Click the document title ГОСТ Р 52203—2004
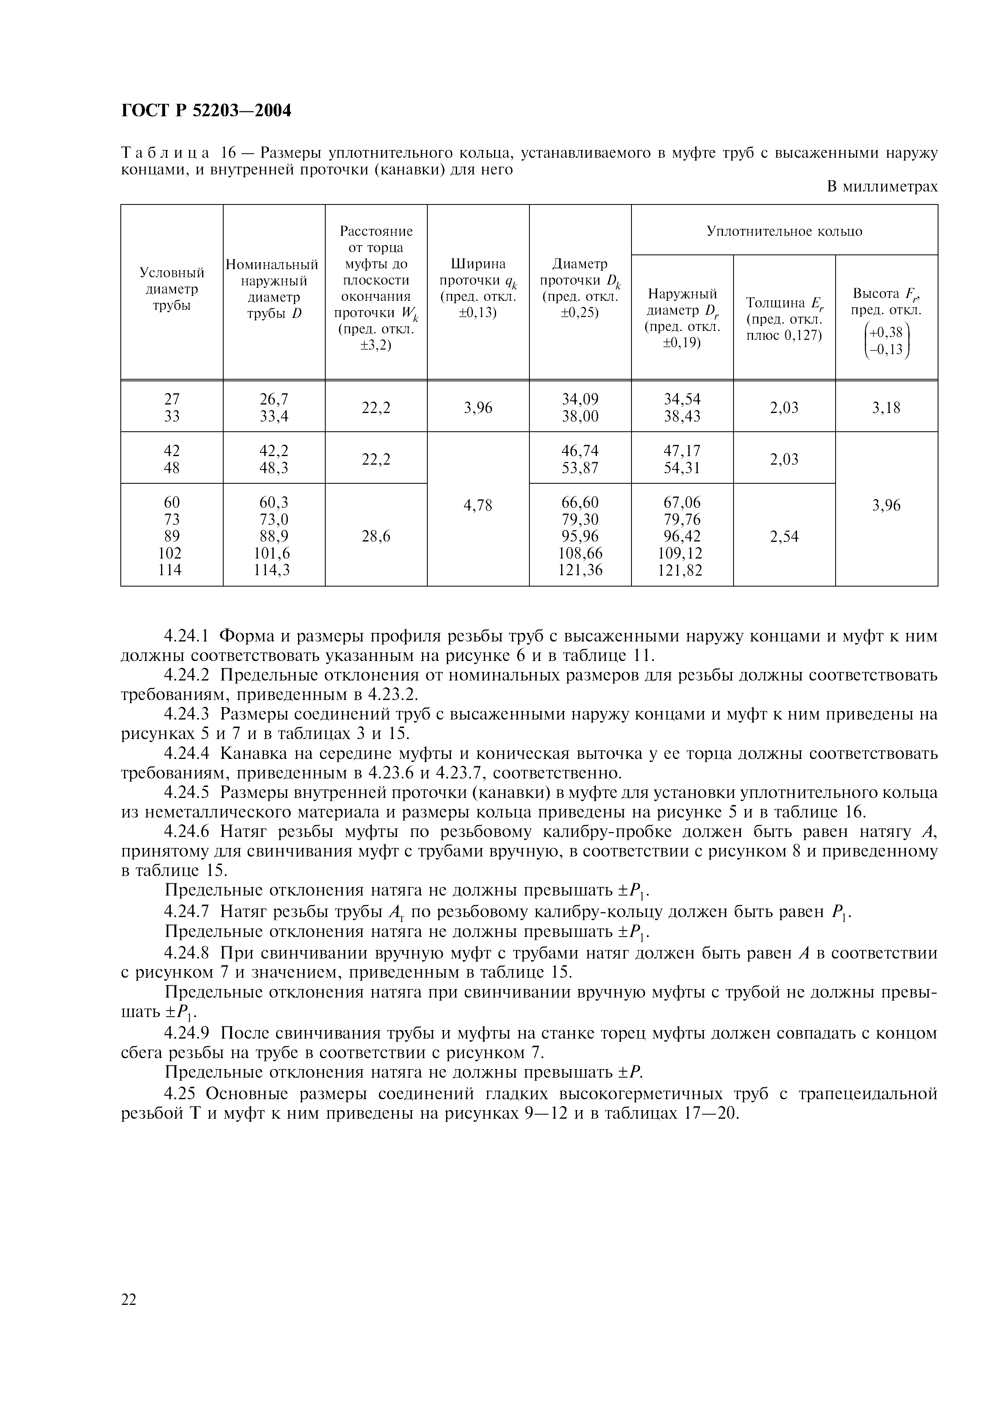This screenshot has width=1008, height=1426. point(206,111)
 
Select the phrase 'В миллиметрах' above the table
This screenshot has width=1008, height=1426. point(882,186)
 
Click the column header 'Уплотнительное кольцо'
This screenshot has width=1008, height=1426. point(784,231)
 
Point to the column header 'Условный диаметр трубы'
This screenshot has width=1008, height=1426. point(172,289)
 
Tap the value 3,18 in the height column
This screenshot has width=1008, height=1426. point(886,407)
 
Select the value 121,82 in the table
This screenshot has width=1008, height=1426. point(682,570)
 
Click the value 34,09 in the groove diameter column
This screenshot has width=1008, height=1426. point(580,399)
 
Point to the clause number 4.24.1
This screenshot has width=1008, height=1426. point(187,636)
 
